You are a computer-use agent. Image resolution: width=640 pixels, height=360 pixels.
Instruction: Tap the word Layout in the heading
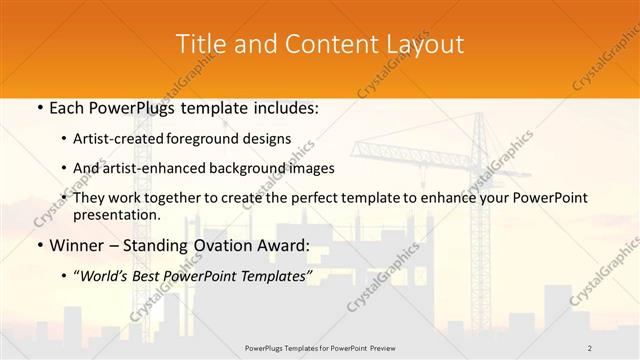[428, 44]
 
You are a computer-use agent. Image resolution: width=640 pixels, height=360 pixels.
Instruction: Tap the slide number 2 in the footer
[590, 347]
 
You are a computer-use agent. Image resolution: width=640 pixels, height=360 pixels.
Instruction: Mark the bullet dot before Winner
[37, 245]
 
